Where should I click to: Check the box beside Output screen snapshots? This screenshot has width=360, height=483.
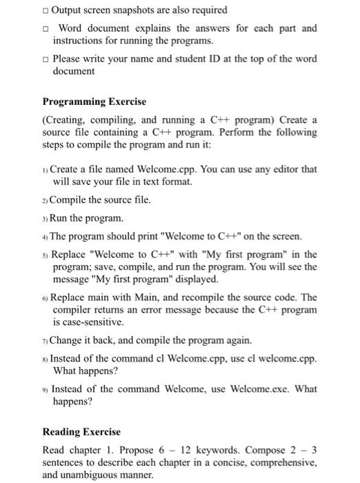tap(45, 11)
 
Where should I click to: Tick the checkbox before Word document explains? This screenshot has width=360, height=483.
tap(45, 28)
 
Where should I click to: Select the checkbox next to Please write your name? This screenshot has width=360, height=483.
tap(45, 59)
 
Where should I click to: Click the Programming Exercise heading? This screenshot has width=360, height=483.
tap(94, 101)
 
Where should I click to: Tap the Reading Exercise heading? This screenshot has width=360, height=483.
tap(81, 432)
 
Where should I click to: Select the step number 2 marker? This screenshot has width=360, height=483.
tap(46, 201)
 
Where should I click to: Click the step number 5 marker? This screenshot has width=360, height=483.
tap(46, 255)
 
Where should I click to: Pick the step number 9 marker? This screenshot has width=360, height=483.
tap(46, 389)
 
